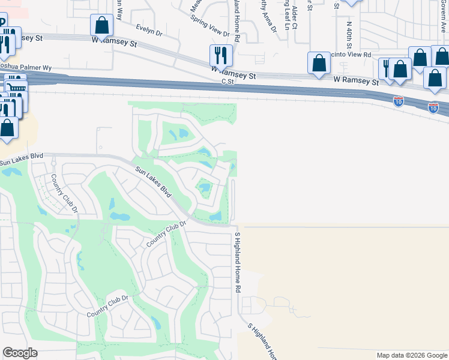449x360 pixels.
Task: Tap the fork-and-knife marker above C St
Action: coord(221,56)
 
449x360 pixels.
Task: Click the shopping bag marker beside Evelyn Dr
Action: coord(101,25)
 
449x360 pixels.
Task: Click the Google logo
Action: coord(20,353)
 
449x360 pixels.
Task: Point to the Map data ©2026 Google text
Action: coord(411,355)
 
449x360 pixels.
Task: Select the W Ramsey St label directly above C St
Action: coord(234,73)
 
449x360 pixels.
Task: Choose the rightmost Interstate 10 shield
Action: coord(433,107)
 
